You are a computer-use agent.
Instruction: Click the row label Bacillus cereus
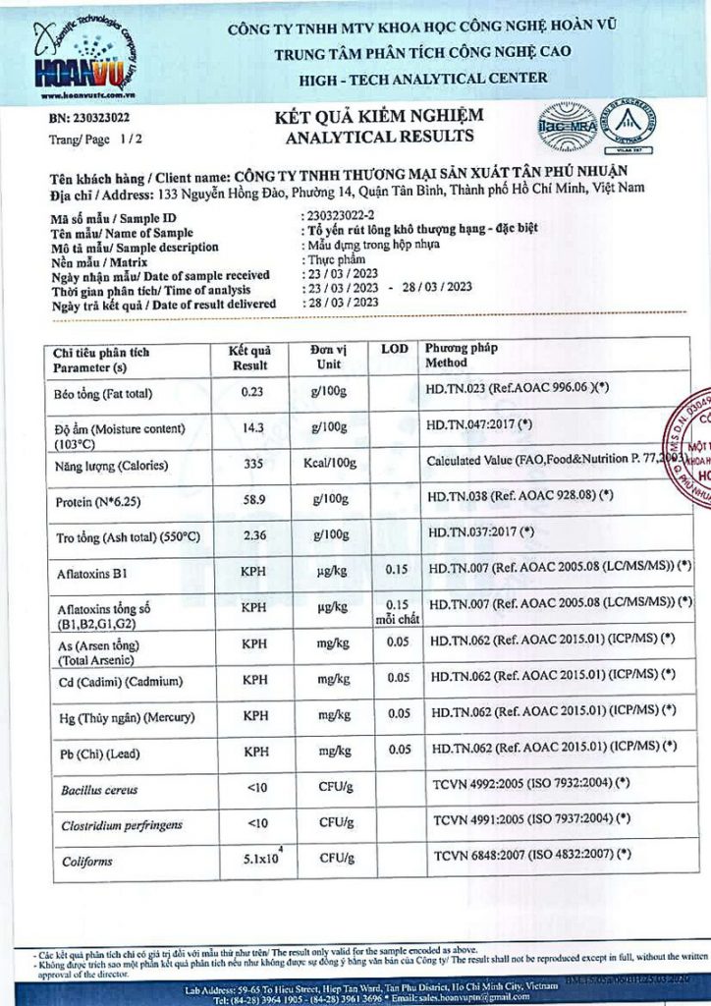point(99,790)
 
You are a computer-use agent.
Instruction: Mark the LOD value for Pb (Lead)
point(398,751)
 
